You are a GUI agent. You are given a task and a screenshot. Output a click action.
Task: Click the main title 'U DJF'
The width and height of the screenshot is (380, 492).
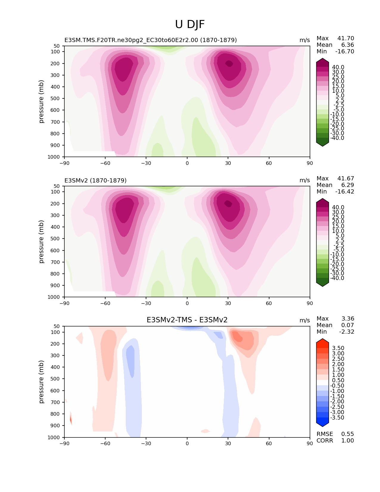click(x=190, y=24)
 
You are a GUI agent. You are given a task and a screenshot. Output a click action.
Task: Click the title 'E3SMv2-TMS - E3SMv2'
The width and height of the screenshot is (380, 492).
click(x=187, y=320)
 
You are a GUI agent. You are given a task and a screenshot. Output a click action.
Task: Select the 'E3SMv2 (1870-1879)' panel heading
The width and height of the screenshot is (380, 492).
click(x=95, y=180)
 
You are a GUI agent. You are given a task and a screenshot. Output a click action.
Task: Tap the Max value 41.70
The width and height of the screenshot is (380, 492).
click(x=345, y=38)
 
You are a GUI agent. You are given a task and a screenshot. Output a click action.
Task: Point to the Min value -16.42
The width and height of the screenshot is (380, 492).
click(x=345, y=192)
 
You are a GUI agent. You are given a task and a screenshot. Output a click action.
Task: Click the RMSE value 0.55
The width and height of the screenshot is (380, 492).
click(x=347, y=434)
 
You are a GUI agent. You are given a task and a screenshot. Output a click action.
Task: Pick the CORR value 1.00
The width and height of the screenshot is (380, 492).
click(x=347, y=441)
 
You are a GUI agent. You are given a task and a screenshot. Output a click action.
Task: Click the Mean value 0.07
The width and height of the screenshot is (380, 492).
click(x=347, y=325)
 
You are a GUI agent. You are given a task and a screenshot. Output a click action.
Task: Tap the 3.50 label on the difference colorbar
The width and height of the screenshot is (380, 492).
click(x=338, y=348)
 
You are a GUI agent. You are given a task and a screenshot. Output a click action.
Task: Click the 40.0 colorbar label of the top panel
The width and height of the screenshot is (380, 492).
click(x=338, y=67)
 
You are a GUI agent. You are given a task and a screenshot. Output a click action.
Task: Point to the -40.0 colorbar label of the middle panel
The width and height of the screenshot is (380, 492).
click(x=337, y=278)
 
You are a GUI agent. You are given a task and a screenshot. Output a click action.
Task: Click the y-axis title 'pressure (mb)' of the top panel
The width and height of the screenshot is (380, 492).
click(x=41, y=101)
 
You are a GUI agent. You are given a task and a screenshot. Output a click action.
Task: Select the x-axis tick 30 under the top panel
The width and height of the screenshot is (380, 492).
click(x=228, y=163)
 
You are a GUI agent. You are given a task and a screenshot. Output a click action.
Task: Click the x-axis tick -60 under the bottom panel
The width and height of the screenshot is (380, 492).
click(x=105, y=443)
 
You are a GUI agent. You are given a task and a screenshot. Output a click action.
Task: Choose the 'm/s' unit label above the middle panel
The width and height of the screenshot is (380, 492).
click(x=305, y=180)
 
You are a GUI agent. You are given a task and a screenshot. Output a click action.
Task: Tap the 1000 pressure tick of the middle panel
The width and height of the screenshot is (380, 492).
click(x=54, y=297)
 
